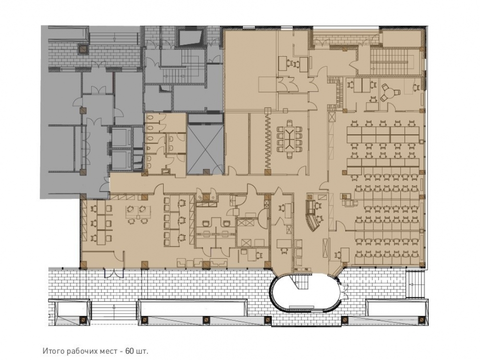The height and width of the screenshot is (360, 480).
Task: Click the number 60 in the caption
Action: pos(129,351)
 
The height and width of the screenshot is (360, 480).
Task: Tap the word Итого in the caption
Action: pos(51,351)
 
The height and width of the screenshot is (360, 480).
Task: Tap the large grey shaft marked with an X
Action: pos(205,149)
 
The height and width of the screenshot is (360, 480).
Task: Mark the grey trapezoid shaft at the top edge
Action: pos(190,37)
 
